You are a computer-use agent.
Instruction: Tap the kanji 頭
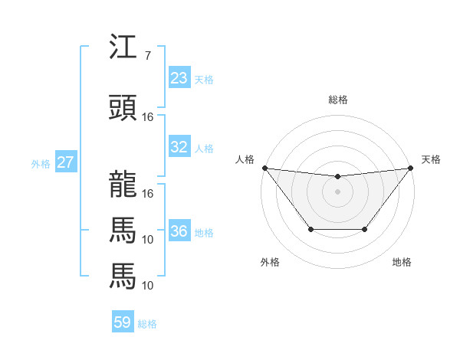pos(123,109)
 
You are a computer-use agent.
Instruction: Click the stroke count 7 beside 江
pos(147,56)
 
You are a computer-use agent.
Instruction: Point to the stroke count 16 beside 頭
pos(148,117)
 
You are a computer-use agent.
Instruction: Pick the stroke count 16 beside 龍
pos(148,193)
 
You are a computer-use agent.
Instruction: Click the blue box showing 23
pos(179,78)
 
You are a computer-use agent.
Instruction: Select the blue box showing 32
pos(179,147)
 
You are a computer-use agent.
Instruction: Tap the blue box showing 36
pos(179,231)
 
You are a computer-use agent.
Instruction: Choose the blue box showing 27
pos(66,162)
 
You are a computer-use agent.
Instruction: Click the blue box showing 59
pos(123,322)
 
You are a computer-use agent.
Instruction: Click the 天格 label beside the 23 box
pos(204,79)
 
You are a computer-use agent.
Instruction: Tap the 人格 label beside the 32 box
pos(204,148)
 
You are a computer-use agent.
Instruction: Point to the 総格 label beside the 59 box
pos(147,323)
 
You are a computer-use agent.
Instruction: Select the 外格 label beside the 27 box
pos(41,163)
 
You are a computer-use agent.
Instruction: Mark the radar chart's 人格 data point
pos(264,168)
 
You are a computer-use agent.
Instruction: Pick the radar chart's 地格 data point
pos(364,229)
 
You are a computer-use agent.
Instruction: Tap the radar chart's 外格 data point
pos(310,229)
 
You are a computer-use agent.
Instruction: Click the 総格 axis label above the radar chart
pos(337,100)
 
